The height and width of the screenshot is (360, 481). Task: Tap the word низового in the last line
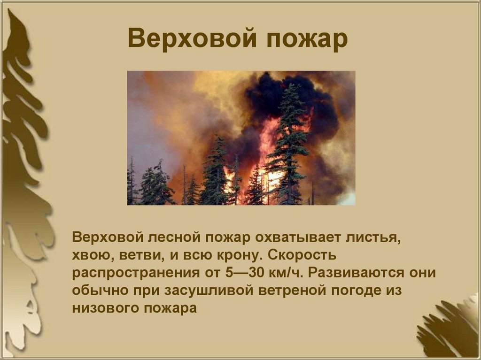point(103,308)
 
